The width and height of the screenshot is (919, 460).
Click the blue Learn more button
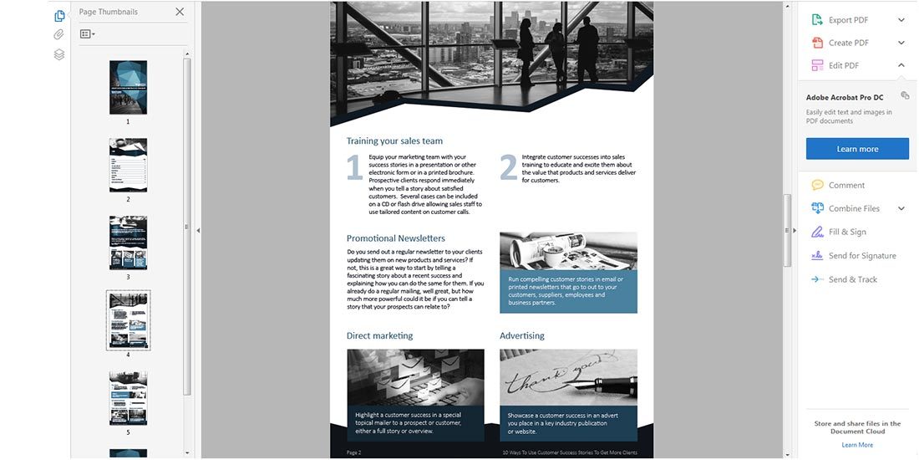tap(857, 149)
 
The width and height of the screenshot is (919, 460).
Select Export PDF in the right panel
tap(847, 20)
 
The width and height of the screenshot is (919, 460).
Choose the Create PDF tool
tap(848, 43)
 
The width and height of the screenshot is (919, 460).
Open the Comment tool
tap(846, 185)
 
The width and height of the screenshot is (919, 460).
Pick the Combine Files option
tap(853, 208)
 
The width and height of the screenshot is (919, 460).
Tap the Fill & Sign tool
tap(846, 232)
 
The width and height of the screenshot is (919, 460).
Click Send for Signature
tap(861, 256)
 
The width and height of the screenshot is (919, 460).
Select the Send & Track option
tap(852, 279)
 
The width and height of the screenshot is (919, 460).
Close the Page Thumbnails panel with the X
tap(180, 12)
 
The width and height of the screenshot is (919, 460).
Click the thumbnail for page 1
tap(128, 87)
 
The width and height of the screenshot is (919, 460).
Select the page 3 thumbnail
tap(128, 243)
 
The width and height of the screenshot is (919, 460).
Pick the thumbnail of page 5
tap(128, 398)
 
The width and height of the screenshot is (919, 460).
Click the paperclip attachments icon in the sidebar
tap(59, 35)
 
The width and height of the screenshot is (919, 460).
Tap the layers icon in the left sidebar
tap(59, 54)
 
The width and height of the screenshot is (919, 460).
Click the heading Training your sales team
tap(394, 141)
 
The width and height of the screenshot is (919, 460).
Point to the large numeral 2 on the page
tap(508, 167)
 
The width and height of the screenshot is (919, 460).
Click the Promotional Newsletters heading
tap(396, 238)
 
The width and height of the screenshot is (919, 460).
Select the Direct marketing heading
tap(379, 336)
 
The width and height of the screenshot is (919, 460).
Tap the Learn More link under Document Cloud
tap(857, 445)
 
